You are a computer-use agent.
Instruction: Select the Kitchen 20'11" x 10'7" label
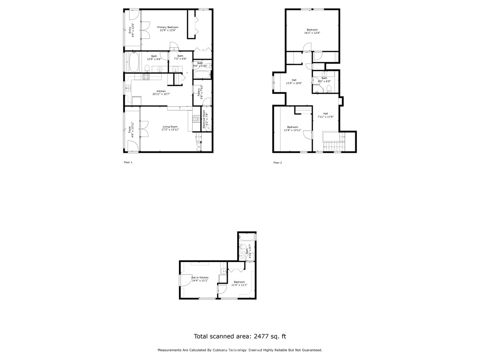[x=161, y=92]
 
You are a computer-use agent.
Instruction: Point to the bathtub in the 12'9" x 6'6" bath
[x=133, y=62]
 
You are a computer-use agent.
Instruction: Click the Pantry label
[x=200, y=92]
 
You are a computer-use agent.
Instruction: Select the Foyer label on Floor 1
[x=130, y=128]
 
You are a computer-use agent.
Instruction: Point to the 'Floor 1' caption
[x=128, y=163]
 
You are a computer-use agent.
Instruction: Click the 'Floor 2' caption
[x=277, y=163]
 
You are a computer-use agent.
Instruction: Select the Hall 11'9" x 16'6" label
[x=294, y=82]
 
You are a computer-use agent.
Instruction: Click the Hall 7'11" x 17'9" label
[x=325, y=114]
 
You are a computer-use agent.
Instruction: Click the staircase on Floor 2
[x=334, y=142]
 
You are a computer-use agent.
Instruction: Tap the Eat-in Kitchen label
[x=200, y=279]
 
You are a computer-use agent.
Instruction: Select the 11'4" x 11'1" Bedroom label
[x=239, y=283]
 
